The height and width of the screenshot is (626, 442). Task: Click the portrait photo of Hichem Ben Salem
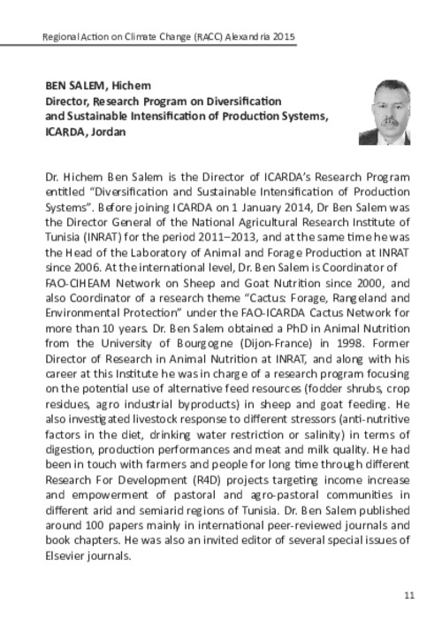(x=384, y=112)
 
